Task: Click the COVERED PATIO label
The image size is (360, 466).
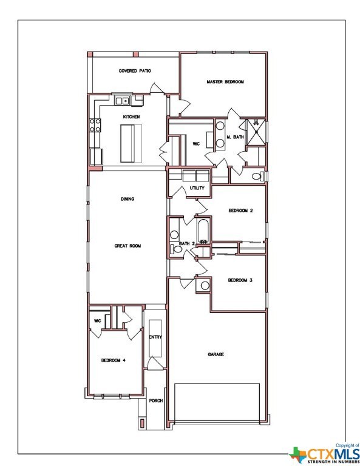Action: click(x=134, y=71)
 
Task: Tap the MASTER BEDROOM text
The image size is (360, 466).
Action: click(x=225, y=81)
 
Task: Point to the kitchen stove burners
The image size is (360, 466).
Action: click(x=95, y=126)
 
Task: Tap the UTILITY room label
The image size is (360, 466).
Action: click(x=197, y=188)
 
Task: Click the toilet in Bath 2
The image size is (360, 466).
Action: click(x=177, y=249)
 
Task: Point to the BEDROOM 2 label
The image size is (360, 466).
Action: click(x=240, y=211)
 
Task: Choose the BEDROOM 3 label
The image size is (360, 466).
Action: click(x=240, y=280)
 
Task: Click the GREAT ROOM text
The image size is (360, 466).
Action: click(x=127, y=246)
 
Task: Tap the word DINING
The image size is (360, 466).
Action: click(x=127, y=198)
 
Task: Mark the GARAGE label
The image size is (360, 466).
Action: click(x=216, y=354)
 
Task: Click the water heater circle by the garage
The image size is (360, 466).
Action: click(x=205, y=285)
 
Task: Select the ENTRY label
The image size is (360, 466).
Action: click(x=155, y=337)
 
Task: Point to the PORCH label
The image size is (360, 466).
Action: click(x=155, y=400)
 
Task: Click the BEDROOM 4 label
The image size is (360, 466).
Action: click(x=113, y=360)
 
